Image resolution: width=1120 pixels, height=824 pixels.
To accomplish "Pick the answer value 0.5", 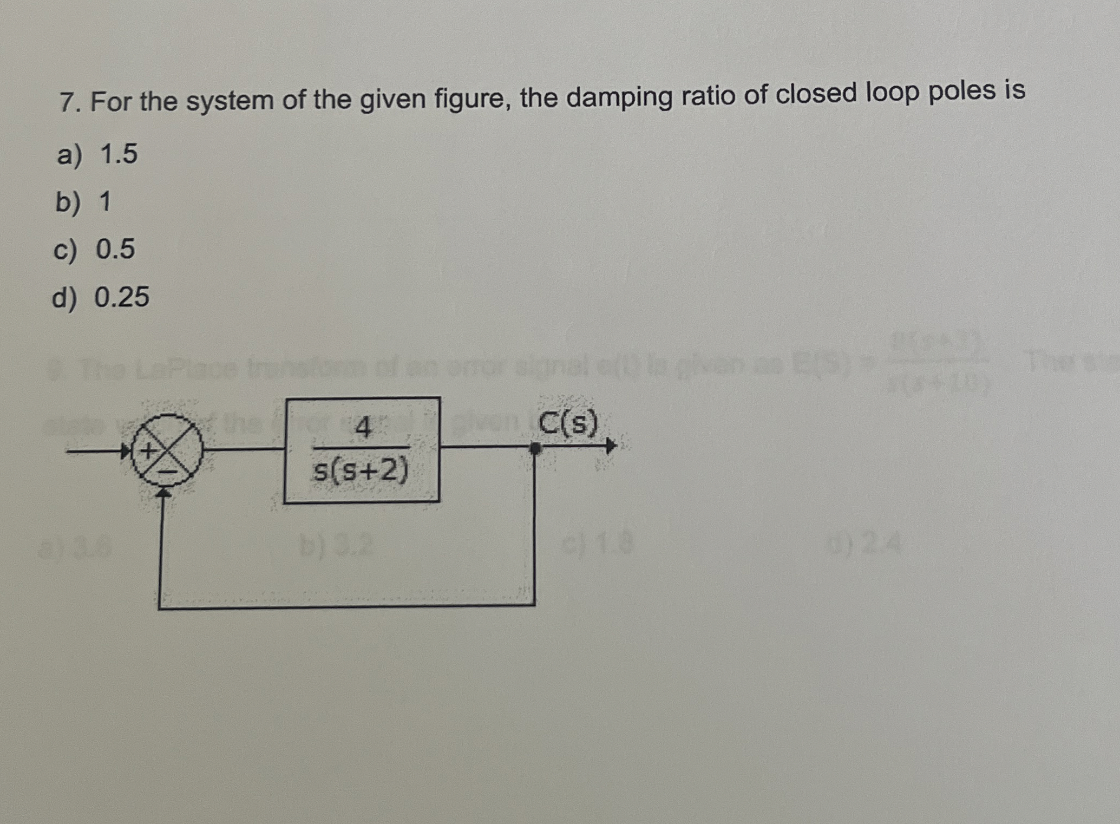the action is (115, 249).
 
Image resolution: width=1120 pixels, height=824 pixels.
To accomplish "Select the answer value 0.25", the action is (122, 297).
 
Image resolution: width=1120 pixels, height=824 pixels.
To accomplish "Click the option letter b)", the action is (69, 202).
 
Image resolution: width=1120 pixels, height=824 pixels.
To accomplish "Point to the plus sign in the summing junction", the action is (148, 450).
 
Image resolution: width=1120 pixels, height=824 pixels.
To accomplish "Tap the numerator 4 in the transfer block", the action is (363, 429).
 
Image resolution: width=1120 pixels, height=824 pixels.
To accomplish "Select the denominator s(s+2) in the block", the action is (361, 470).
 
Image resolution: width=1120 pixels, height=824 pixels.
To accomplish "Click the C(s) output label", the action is (569, 423).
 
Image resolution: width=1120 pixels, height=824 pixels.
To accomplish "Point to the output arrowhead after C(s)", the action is (610, 447).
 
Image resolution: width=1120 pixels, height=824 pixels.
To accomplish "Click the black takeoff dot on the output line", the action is (535, 448).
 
